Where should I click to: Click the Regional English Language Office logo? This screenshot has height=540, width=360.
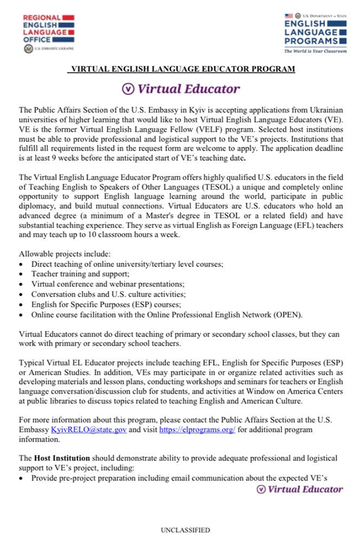click(x=49, y=32)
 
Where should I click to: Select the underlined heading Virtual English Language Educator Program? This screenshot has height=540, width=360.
click(x=182, y=70)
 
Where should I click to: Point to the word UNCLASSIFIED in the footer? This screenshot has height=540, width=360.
click(x=185, y=530)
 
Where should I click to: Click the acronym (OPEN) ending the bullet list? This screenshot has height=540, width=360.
click(x=290, y=314)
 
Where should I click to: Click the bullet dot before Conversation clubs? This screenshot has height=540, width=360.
click(x=22, y=294)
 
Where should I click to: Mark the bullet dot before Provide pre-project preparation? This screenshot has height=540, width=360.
click(x=22, y=478)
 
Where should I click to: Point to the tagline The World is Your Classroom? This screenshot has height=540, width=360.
click(x=315, y=51)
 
